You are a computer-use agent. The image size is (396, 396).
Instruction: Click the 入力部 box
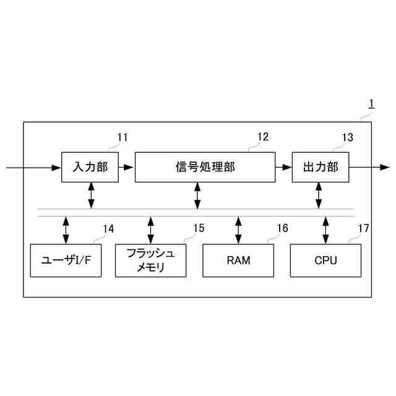[90, 167]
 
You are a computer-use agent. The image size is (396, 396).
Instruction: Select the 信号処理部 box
[205, 167]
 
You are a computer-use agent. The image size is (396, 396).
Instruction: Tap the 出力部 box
[320, 167]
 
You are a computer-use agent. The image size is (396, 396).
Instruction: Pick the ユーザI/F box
[66, 260]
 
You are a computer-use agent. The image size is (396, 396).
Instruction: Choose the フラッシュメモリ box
[150, 260]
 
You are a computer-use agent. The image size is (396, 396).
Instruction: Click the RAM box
[238, 260]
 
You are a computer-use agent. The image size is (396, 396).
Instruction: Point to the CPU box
[325, 260]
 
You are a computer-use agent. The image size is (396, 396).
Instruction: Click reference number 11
[123, 137]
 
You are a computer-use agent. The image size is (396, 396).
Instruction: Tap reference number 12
[263, 137]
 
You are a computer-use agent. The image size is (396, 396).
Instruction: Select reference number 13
[348, 137]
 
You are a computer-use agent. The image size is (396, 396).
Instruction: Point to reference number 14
[108, 229]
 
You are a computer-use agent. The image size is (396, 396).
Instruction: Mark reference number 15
[198, 228]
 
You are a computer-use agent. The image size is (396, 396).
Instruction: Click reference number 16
[282, 228]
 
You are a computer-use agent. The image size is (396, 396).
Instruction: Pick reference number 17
[363, 228]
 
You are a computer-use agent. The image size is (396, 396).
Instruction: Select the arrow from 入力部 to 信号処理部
[126, 167]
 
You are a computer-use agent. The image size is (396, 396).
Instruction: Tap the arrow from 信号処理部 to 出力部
[283, 167]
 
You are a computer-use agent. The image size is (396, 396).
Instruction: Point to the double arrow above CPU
[325, 230]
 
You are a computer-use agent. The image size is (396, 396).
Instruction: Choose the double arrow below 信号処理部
[197, 196]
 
